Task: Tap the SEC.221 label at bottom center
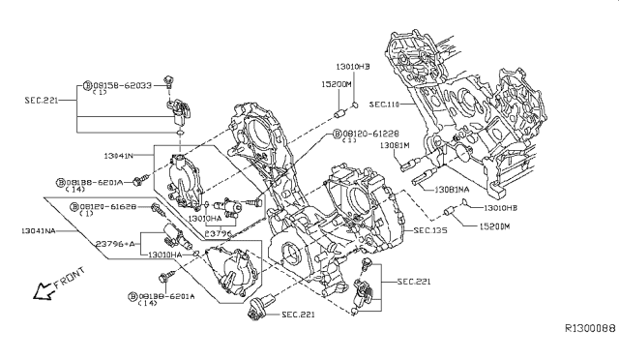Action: click(x=300, y=315)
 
